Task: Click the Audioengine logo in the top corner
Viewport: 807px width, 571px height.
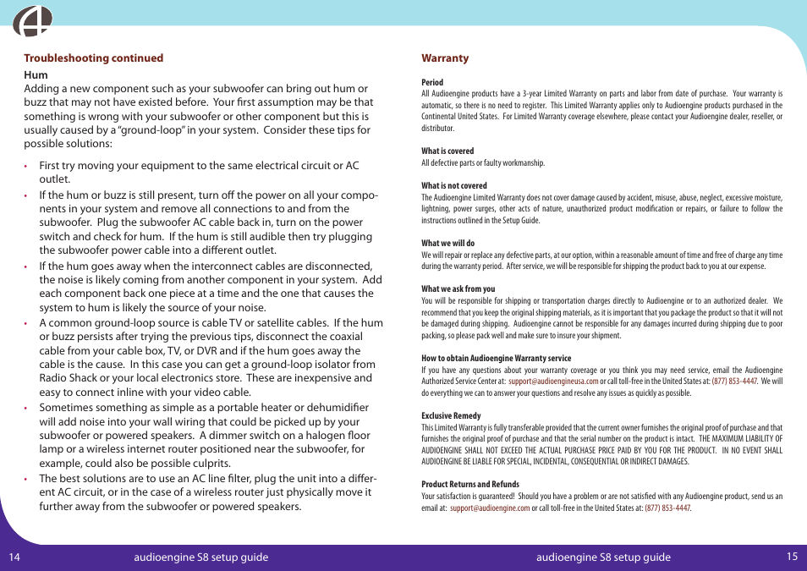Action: tap(32, 20)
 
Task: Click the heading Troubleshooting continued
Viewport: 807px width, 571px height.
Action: tap(93, 58)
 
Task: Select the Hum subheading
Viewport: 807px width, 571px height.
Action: tap(36, 74)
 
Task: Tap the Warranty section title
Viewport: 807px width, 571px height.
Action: tap(445, 58)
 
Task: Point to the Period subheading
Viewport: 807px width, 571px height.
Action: tap(432, 83)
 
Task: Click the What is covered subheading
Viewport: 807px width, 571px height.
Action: tap(447, 151)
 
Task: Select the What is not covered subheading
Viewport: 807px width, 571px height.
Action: tap(454, 186)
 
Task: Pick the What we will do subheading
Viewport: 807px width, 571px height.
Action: tap(448, 244)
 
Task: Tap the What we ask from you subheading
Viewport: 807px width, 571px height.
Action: tap(458, 289)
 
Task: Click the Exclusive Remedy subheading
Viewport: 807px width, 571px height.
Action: tap(451, 416)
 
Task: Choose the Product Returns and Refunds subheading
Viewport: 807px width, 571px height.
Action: tap(470, 485)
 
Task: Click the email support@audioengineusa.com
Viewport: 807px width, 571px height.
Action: tap(552, 382)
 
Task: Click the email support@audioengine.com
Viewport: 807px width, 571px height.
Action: tap(490, 508)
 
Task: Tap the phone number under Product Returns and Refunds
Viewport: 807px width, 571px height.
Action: tap(667, 508)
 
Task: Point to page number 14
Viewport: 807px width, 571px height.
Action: tap(15, 557)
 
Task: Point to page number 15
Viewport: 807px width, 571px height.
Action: tap(792, 557)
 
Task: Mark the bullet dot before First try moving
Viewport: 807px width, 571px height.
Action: tap(26, 167)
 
